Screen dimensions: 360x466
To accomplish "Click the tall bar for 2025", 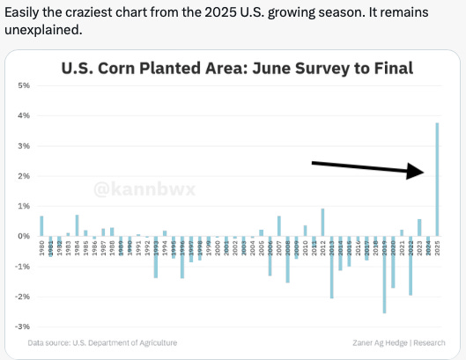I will tap(437, 180).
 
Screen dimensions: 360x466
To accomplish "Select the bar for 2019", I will tap(384, 274).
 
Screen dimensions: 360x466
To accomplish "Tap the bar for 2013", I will tap(331, 267).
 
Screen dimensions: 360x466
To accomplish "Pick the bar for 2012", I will tap(322, 223).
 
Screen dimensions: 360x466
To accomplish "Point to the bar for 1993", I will tap(156, 257).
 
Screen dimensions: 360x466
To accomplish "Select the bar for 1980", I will tap(41, 226).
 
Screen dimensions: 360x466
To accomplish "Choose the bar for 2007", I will tap(278, 226).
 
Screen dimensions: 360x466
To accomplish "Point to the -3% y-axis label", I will tap(24, 327).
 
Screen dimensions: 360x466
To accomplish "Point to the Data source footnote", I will tap(102, 342).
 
